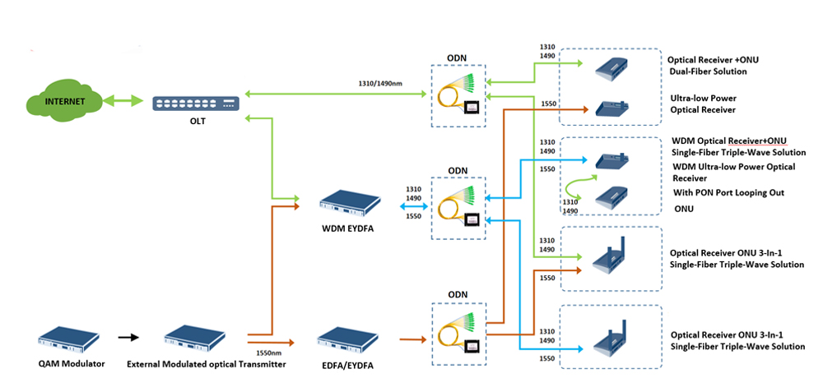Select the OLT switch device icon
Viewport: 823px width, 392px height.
(197, 103)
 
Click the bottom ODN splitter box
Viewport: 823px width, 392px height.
(457, 331)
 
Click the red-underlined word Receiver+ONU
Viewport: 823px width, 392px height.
(755, 140)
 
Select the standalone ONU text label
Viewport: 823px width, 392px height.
(682, 209)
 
